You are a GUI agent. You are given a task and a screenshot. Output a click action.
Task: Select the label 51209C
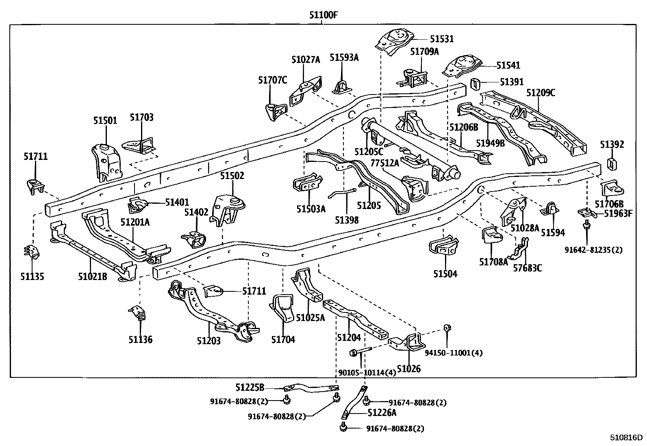541,93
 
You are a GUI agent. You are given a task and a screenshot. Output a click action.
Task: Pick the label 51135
32,277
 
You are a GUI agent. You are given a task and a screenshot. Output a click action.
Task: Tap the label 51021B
93,277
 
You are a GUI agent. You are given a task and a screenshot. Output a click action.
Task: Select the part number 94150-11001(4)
454,353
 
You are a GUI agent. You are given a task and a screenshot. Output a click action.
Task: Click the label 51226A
382,413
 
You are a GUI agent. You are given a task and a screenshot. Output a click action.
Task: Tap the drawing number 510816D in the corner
626,438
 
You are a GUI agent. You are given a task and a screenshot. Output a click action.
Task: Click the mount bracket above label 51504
444,246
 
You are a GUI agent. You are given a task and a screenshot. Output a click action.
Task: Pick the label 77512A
385,163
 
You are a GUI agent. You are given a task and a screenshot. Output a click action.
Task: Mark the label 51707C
272,80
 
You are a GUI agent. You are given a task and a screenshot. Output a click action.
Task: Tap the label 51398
347,220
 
